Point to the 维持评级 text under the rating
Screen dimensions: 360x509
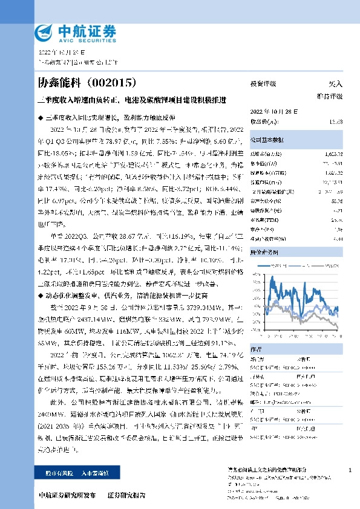pos(330,96)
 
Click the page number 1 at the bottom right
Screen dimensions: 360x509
pos(350,470)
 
